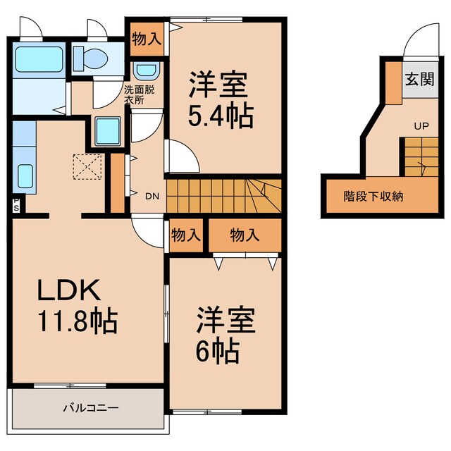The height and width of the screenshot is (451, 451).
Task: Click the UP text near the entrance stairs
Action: [421, 127]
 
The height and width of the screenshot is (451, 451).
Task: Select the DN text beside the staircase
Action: [152, 197]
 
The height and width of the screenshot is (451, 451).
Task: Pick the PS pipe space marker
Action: [16, 203]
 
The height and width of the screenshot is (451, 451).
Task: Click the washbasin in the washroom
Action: [147, 70]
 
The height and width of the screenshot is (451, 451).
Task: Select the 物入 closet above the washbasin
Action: [147, 39]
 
